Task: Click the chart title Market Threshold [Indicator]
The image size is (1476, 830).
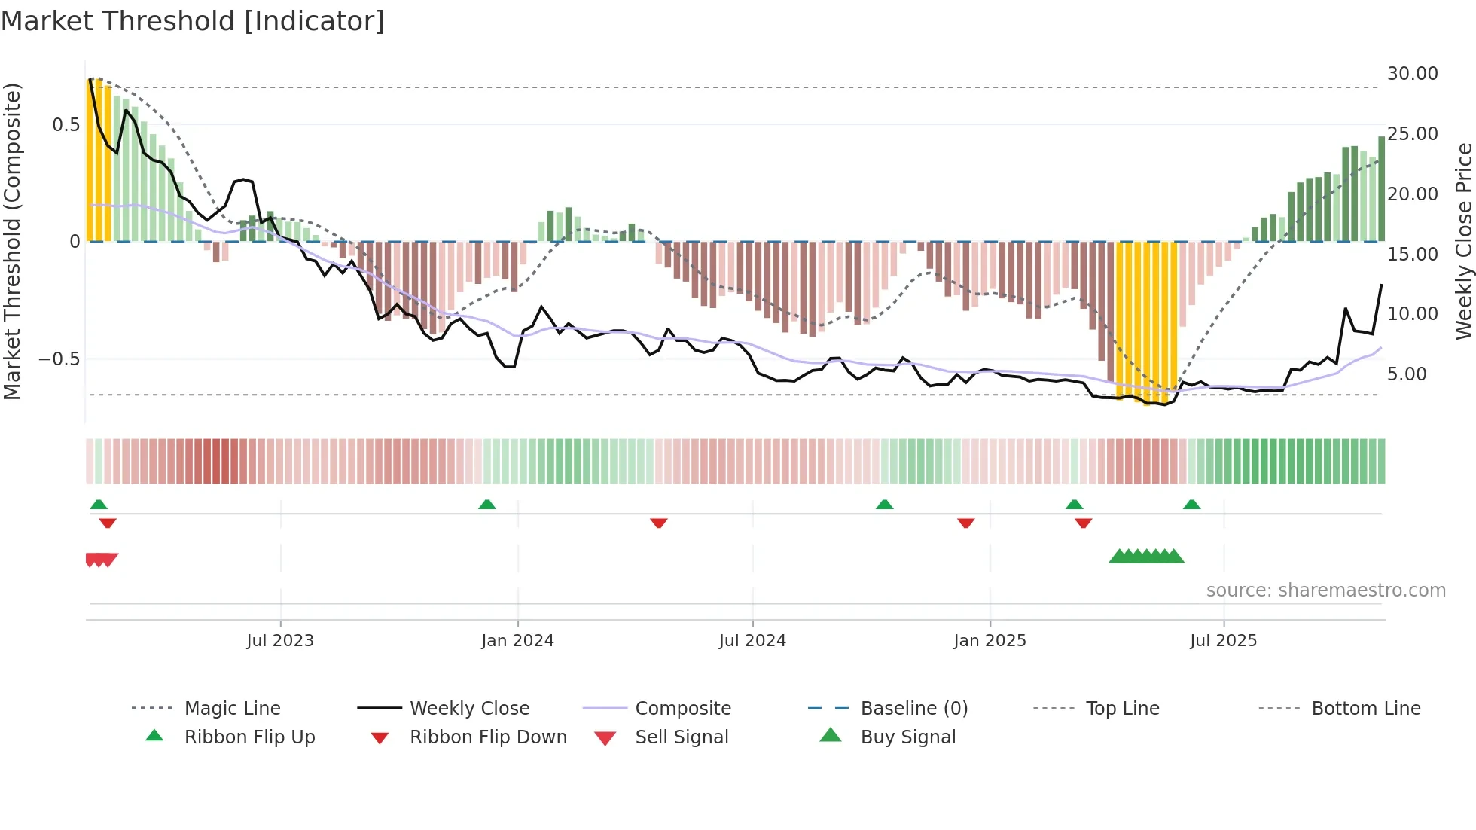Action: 193,21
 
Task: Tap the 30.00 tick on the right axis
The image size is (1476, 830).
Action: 1412,74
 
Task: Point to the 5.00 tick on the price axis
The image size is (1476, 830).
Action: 1406,374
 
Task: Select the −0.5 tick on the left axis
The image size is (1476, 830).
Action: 59,359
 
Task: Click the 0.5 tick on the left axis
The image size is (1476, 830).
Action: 66,125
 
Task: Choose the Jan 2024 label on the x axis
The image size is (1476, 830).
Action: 517,641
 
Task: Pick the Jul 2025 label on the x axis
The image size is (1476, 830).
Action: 1223,641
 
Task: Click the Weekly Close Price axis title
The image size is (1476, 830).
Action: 1463,241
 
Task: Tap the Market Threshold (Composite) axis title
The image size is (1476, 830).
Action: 12,241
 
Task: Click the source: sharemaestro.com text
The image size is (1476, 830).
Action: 1325,590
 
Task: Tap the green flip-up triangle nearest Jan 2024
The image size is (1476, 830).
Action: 487,505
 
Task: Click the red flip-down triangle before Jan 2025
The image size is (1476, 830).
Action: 966,523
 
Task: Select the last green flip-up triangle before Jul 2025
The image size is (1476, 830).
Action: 1191,505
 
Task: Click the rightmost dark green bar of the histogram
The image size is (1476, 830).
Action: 1381,188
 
